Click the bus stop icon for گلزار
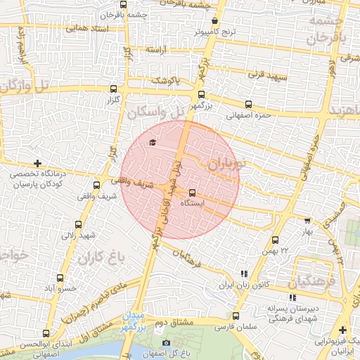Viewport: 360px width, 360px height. [x=113, y=89]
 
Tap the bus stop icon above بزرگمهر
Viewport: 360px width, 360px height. [x=202, y=94]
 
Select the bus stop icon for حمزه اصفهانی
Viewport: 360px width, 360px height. [x=247, y=104]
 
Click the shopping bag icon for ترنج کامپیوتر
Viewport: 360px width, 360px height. [x=214, y=21]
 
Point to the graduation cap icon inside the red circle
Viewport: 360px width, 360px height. [x=151, y=143]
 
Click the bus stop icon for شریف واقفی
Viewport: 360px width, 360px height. [x=96, y=185]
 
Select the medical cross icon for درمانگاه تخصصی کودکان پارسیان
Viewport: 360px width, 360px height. [x=37, y=163]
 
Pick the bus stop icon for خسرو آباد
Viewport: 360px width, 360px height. [x=60, y=278]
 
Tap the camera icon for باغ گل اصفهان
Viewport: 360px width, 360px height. [x=166, y=342]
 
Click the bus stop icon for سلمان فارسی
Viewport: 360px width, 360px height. [x=236, y=316]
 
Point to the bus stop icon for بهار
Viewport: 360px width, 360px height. [x=306, y=220]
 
